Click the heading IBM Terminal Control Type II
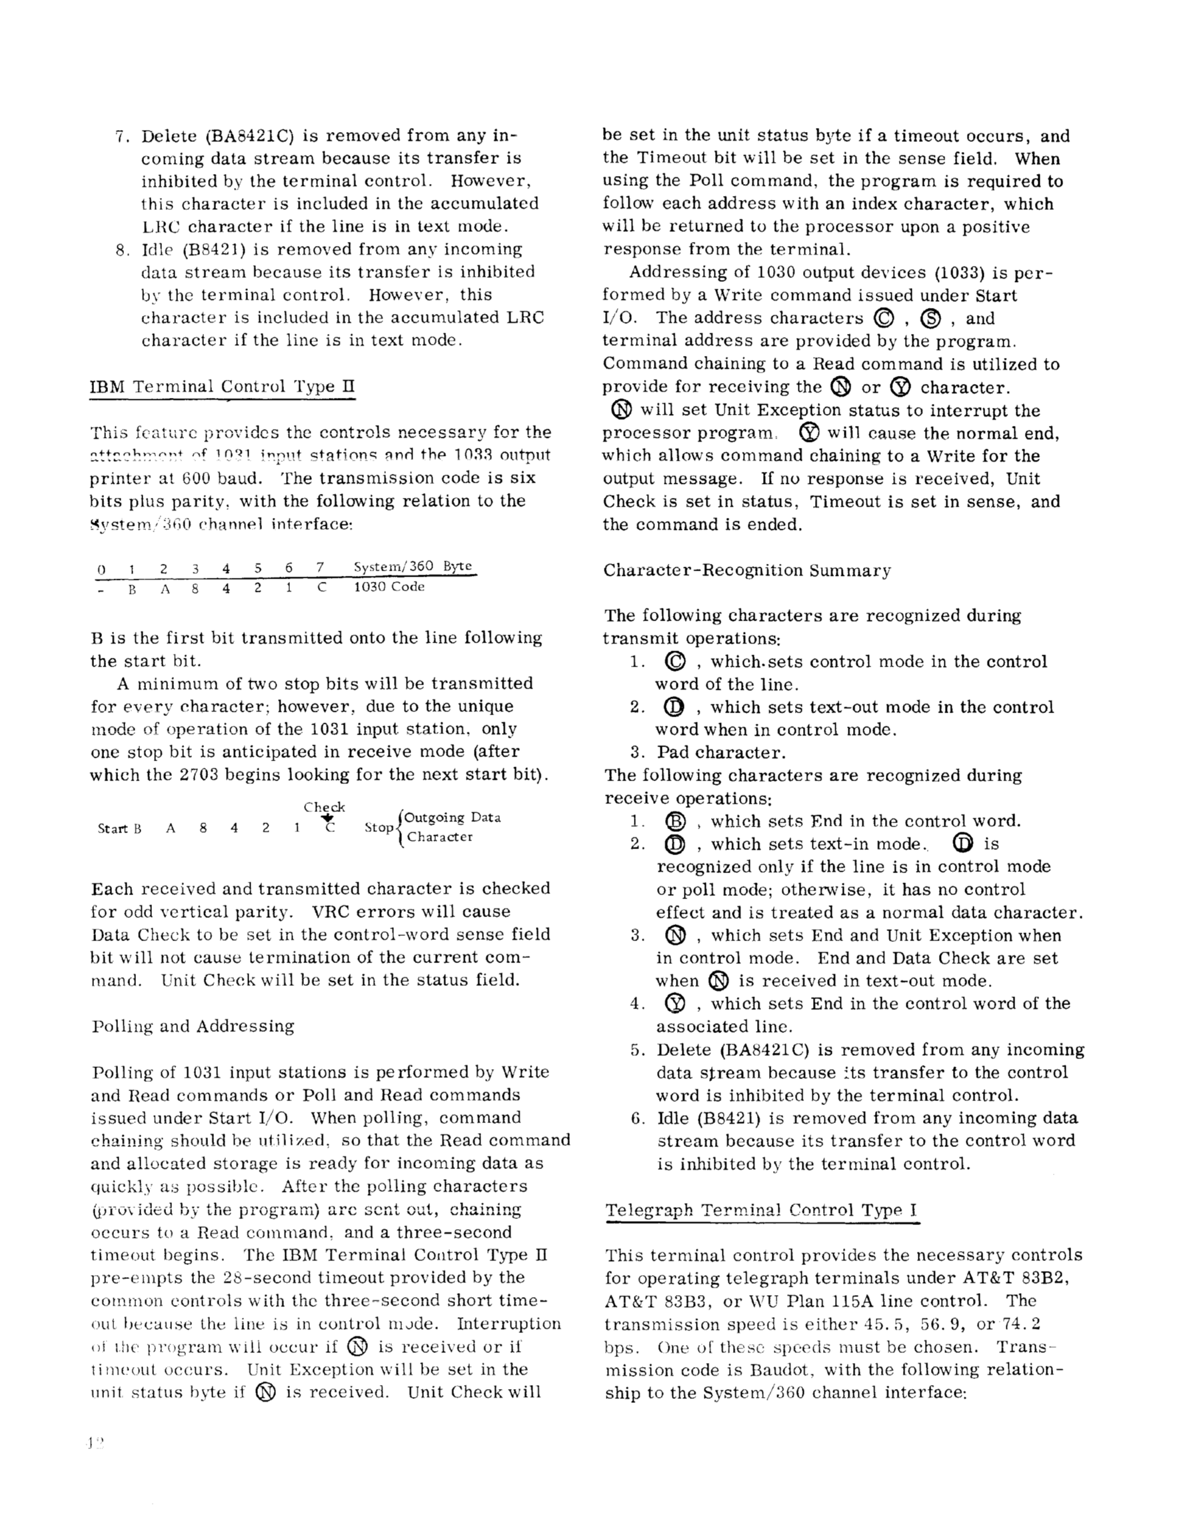point(222,387)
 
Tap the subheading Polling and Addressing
point(193,1026)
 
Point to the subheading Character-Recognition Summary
point(746,570)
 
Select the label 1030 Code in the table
point(389,587)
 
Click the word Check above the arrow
point(324,807)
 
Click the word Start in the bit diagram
point(111,828)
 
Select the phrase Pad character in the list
point(720,753)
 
